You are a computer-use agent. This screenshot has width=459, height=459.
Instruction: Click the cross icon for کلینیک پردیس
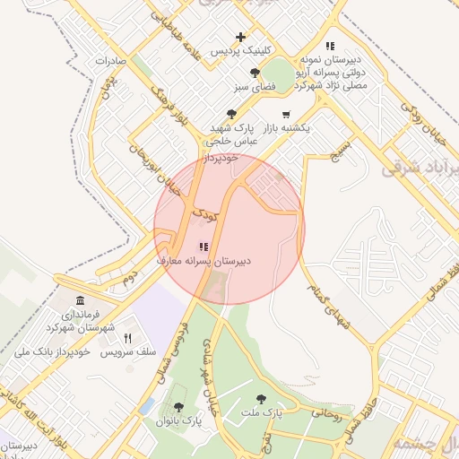(240, 38)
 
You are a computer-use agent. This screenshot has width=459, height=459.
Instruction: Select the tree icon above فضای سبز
(255, 73)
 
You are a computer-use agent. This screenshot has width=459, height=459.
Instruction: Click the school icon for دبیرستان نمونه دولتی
(330, 45)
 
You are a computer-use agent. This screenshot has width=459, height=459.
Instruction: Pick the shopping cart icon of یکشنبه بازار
(286, 114)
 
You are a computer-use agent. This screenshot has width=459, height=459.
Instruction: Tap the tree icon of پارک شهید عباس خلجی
(232, 114)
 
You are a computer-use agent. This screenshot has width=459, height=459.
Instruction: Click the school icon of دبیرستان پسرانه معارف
(204, 246)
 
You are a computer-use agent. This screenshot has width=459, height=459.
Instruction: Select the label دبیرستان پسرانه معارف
(204, 261)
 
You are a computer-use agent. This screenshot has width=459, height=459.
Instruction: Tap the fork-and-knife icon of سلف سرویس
(127, 338)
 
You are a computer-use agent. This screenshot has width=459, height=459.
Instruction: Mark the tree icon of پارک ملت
(261, 399)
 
